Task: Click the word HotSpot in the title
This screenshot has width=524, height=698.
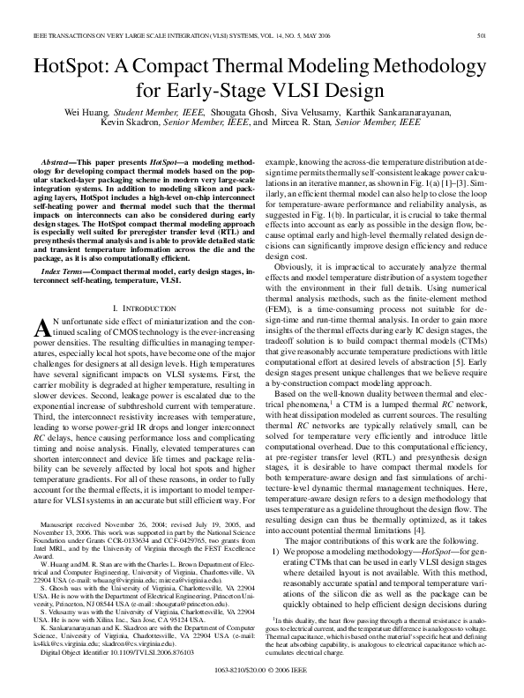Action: pyautogui.click(x=66, y=66)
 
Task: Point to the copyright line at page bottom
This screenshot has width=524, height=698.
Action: pyautogui.click(x=262, y=671)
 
